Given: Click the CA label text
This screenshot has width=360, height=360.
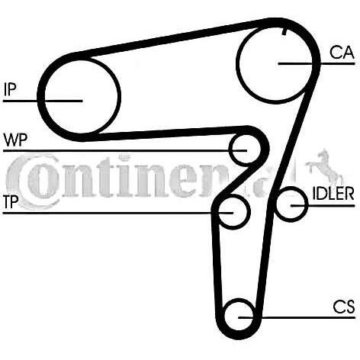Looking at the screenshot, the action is [342, 53].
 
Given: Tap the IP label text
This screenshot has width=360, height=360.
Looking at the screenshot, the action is [10, 89].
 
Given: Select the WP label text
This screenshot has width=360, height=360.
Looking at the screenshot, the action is [15, 140].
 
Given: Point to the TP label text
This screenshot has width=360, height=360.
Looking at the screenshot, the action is [11, 202].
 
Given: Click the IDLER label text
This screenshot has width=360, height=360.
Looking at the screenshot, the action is [333, 194].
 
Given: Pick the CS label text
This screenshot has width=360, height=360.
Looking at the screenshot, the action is [344, 307].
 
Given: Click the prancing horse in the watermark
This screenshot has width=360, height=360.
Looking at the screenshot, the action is [324, 166].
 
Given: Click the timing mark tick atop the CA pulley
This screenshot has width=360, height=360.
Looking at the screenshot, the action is [284, 31].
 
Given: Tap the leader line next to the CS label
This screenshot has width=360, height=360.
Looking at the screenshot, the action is [297, 317].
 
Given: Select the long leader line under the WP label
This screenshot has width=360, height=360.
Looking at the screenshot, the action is [125, 151].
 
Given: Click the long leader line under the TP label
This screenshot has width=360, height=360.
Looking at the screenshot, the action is [118, 213].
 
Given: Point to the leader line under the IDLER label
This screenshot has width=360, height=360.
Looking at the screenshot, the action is [323, 205].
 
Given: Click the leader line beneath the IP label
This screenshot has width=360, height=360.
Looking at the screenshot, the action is [43, 101].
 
